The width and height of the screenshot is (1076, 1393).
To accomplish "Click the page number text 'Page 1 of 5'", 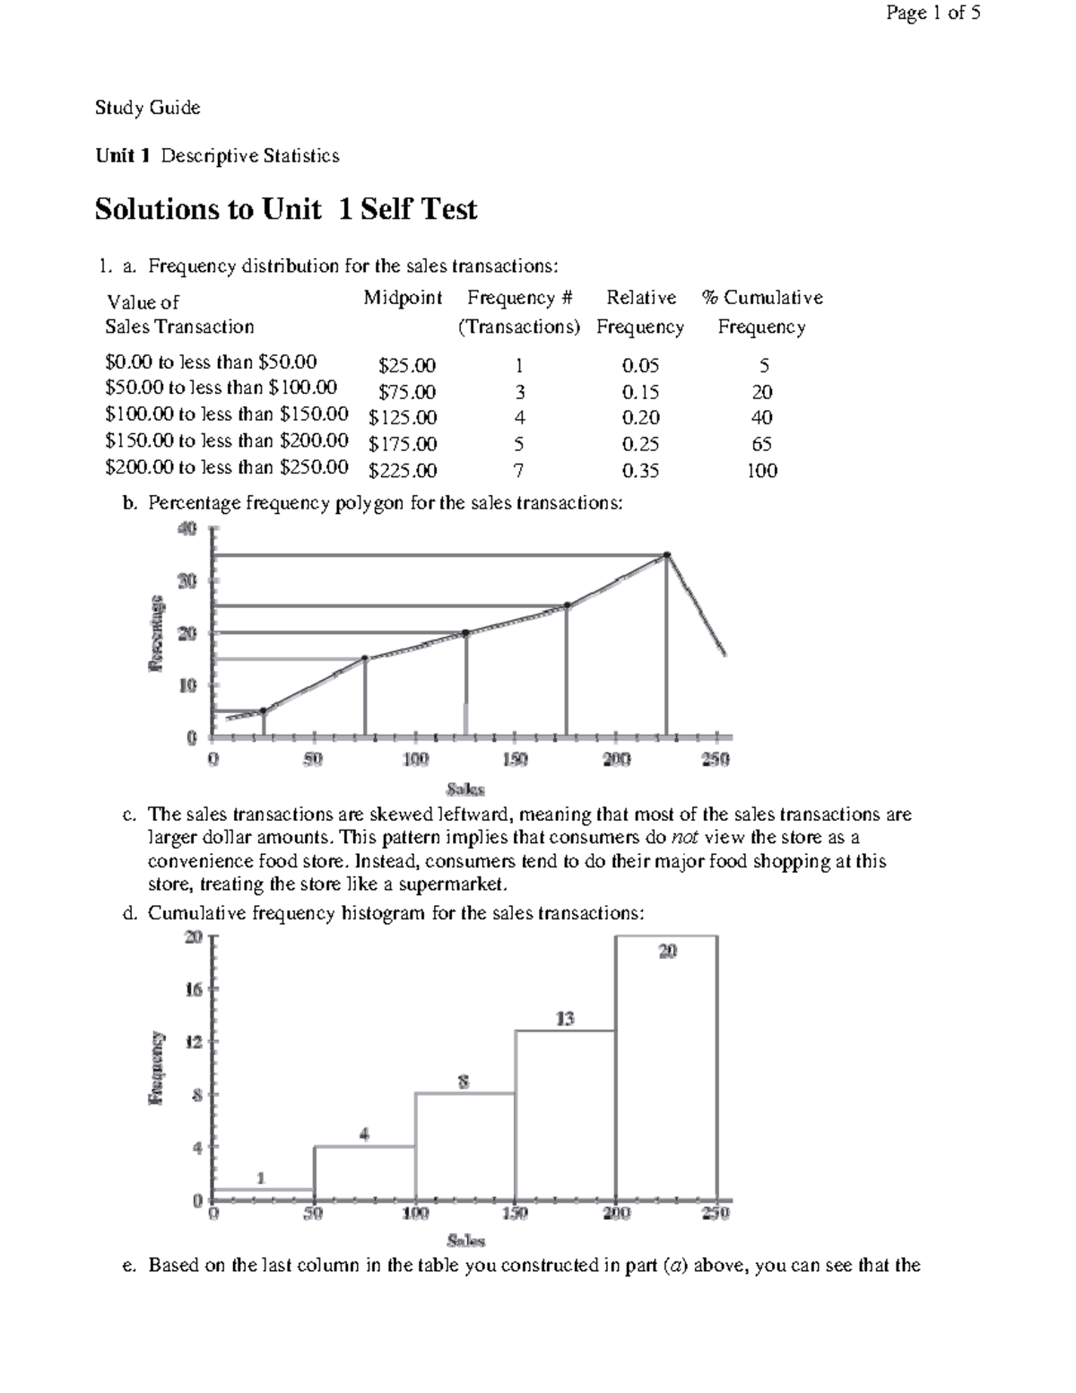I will coord(933,13).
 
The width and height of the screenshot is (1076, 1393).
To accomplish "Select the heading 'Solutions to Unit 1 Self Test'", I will coord(285,209).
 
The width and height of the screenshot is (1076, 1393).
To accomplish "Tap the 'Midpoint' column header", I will coord(403,298).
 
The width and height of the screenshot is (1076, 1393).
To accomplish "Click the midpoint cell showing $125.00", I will coord(403,418).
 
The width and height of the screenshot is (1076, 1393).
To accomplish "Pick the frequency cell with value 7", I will coord(518,471).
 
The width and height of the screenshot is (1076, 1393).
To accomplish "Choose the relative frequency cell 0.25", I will coord(640,444).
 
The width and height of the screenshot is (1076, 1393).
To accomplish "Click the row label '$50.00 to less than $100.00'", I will coord(221,388).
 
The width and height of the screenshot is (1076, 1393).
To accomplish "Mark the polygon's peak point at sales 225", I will coord(666,555).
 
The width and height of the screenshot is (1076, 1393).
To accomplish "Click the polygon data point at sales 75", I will coord(364,658).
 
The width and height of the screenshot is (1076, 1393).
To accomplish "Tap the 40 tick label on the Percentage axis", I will coord(186,529).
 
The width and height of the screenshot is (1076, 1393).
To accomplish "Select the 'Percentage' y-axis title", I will coord(157,632).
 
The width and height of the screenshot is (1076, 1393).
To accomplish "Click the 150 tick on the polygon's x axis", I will coord(515,760).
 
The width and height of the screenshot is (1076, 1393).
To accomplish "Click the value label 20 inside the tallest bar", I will coord(667,952).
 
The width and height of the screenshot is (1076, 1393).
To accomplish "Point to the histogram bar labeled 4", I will coord(364,1172).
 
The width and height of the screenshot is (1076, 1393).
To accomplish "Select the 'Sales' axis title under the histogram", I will coord(465,1241).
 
